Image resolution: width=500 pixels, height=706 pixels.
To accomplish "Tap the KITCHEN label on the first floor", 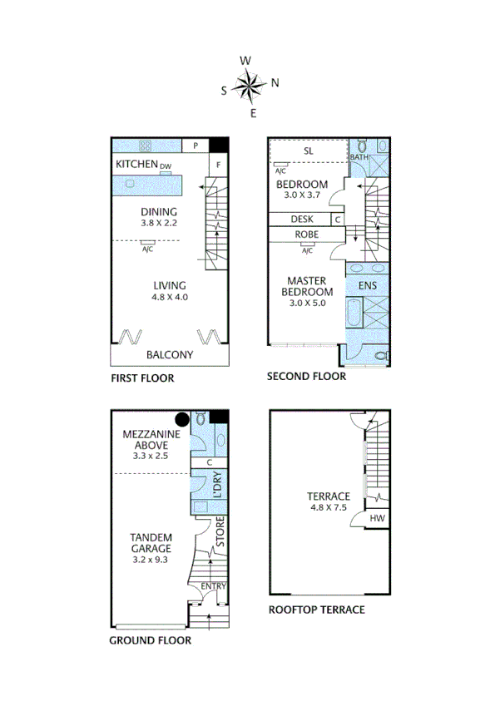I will pyautogui.click(x=136, y=165).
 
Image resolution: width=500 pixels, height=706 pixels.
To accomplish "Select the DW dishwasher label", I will pyautogui.click(x=166, y=166).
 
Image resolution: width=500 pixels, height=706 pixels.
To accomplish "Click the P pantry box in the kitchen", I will pyautogui.click(x=195, y=146).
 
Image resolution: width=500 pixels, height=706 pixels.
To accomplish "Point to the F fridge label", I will pyautogui.click(x=218, y=165).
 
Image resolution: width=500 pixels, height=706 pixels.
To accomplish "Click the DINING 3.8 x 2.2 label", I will pyautogui.click(x=159, y=217).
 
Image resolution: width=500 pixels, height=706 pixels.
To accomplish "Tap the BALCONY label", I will pyautogui.click(x=169, y=355).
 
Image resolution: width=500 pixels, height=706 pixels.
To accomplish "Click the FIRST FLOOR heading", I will pyautogui.click(x=142, y=378).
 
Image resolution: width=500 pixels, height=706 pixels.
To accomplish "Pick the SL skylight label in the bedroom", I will pyautogui.click(x=308, y=151).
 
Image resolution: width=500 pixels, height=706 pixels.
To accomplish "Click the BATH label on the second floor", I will pyautogui.click(x=359, y=156).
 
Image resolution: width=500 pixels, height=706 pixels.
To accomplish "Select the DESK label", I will pyautogui.click(x=301, y=220).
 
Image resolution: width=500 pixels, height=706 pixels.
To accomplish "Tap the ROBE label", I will pyautogui.click(x=307, y=235).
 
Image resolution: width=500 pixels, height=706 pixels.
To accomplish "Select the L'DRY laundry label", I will pyautogui.click(x=215, y=485).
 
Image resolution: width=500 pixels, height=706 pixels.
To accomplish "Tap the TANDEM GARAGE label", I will pyautogui.click(x=151, y=542).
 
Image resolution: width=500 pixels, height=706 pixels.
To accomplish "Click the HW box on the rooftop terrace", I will pyautogui.click(x=378, y=519).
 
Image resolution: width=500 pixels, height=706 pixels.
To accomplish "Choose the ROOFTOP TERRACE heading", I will pyautogui.click(x=316, y=610).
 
